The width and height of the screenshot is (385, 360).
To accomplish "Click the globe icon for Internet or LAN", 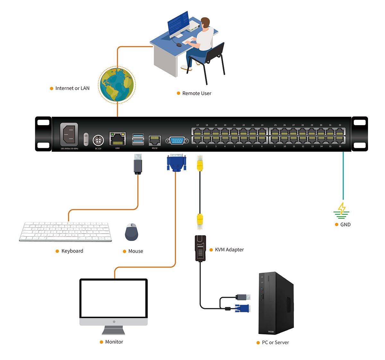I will [x=117, y=85].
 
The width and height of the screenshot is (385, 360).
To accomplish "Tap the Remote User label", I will [x=197, y=93].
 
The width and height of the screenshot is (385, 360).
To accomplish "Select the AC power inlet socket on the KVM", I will [x=69, y=134].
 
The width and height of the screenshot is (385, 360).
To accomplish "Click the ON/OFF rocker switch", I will [x=86, y=139].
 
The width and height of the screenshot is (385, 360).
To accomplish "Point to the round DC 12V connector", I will [x=98, y=140].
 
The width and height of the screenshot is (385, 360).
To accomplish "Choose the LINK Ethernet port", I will [x=117, y=139].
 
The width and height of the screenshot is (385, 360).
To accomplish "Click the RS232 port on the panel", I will [x=155, y=140].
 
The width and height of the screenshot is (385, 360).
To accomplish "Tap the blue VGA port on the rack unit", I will [x=177, y=141].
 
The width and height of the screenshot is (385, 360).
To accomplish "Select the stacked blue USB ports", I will [x=138, y=139].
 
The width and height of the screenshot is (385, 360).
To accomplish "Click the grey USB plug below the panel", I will [x=138, y=164].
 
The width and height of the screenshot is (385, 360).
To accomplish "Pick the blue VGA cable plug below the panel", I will [x=176, y=162].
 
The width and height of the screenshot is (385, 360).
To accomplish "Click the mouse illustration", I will [x=132, y=232].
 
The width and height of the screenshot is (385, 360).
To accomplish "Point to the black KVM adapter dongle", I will [x=201, y=248].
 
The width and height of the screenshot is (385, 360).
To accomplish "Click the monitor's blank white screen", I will [x=114, y=299].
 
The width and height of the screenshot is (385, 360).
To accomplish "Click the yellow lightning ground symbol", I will [x=342, y=209].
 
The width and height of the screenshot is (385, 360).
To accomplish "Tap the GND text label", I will [x=345, y=225].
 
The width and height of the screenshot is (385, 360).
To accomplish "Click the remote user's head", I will [x=205, y=23].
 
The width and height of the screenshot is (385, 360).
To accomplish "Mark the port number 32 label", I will [x=340, y=125].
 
